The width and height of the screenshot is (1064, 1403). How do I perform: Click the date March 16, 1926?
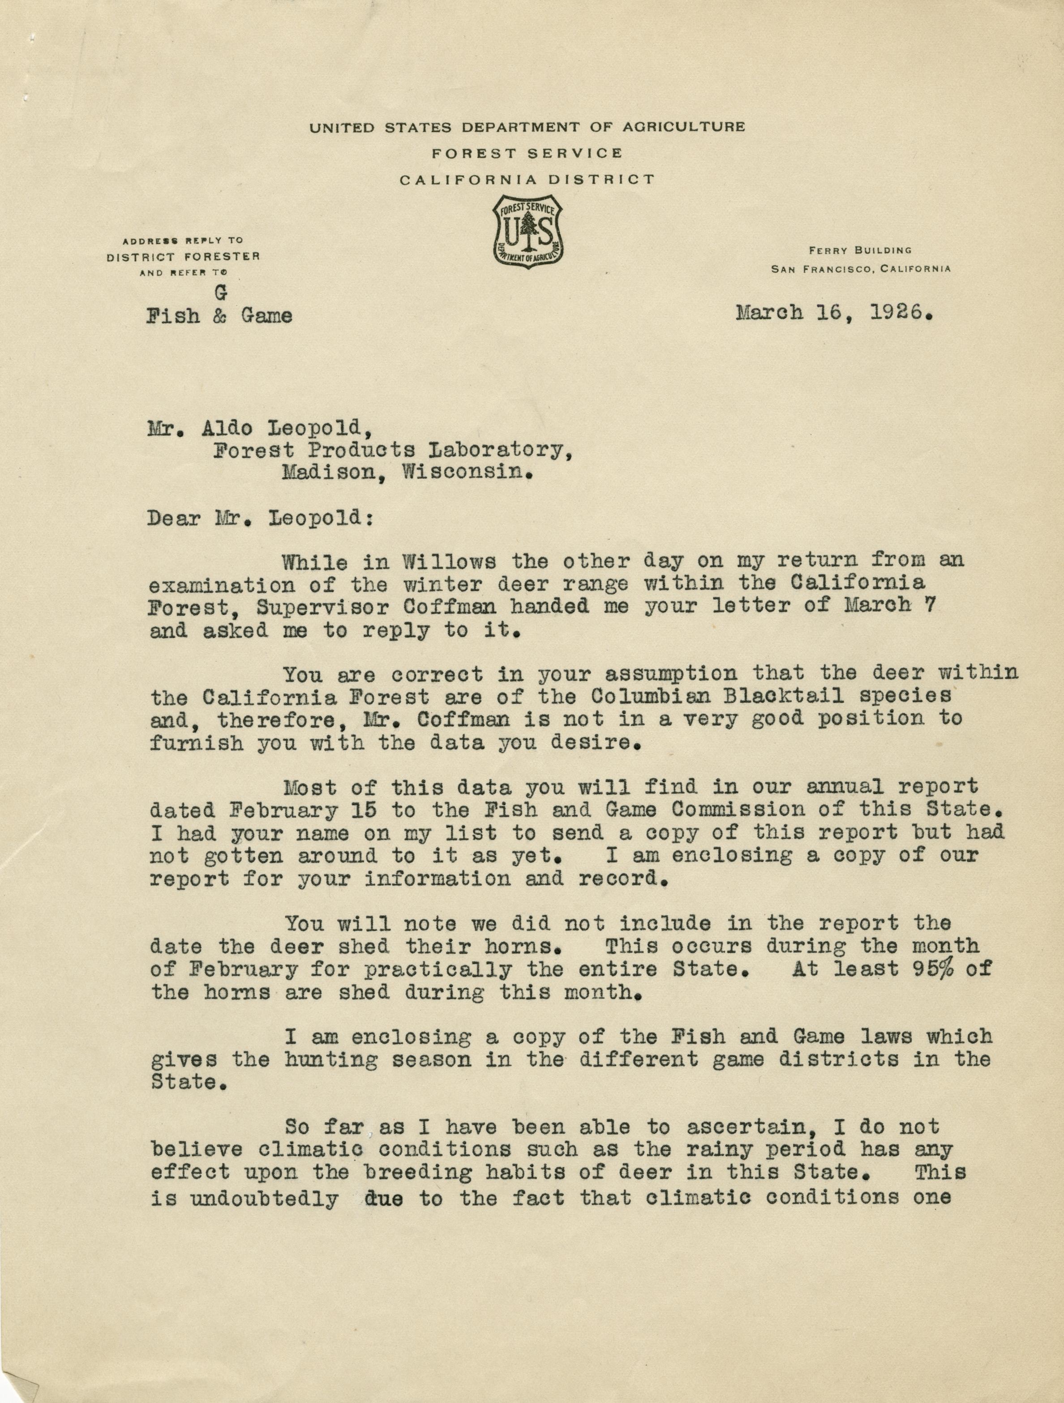point(834,313)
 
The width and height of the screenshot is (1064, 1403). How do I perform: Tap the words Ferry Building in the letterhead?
point(859,250)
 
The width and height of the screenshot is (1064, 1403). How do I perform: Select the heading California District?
point(527,180)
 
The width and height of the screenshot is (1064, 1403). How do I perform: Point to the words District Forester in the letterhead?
point(183,256)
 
